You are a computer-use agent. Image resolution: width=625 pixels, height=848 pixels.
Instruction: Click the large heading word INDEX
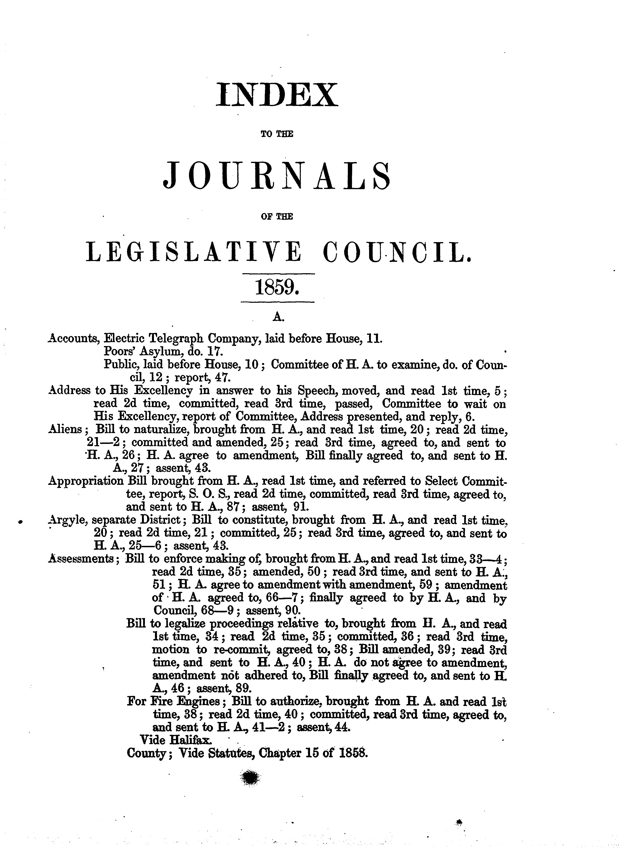tap(276, 95)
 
